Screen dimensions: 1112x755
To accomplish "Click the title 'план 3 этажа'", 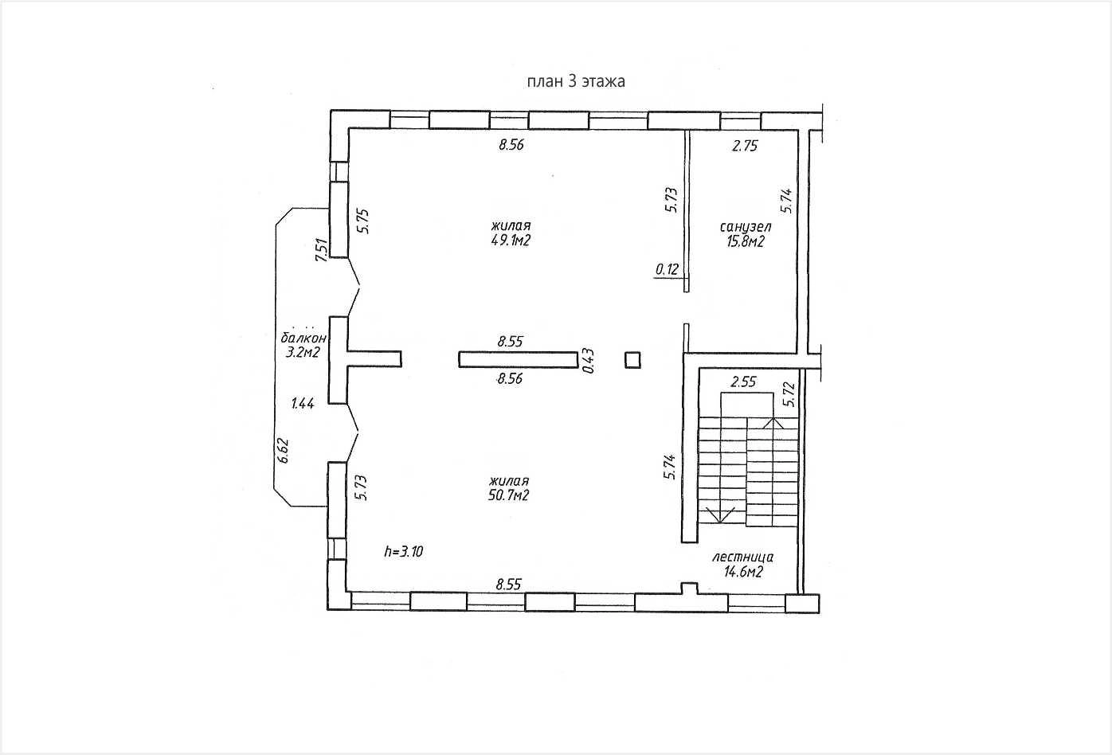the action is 576,81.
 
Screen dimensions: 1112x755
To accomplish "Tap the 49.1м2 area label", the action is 511,241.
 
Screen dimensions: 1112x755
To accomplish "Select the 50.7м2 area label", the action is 509,495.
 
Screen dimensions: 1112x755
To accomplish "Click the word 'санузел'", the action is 745,227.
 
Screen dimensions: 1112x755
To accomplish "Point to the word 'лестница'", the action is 742,557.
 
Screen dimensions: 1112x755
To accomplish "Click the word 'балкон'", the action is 303,338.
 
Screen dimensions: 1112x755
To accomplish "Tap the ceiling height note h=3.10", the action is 404,551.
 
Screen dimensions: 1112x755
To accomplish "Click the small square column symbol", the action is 632,360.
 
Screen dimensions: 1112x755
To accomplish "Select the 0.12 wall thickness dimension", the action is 667,269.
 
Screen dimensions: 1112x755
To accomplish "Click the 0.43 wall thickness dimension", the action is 588,361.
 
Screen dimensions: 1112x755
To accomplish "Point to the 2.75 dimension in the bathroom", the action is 745,146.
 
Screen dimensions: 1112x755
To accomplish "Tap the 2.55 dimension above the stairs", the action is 743,381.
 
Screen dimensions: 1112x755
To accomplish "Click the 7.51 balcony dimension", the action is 322,250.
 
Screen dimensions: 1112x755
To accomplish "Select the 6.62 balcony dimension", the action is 283,451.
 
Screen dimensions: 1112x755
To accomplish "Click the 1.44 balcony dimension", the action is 303,404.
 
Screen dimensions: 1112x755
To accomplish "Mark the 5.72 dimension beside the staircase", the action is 789,394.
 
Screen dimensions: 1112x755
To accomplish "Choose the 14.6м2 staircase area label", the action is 743,572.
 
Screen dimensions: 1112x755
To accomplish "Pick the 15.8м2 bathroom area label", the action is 745,242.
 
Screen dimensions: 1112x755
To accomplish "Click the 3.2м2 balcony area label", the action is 303,353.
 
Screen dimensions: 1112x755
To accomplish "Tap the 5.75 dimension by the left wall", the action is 363,221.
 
